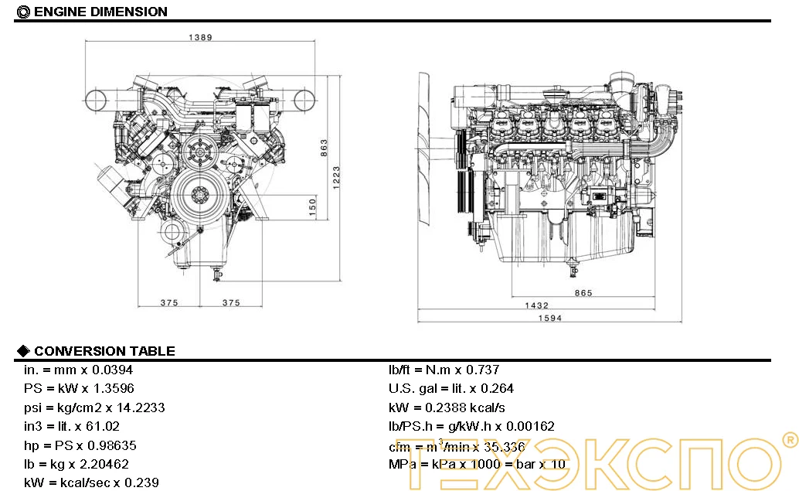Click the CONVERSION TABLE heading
pos(104,351)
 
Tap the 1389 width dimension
pos(200,37)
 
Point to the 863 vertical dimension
pos(324,147)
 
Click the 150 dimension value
pos(311,208)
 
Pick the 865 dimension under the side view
pos(583,293)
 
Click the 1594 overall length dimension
pos(550,318)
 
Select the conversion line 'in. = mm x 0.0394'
pos(83,370)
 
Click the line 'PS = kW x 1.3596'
pos(84,389)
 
